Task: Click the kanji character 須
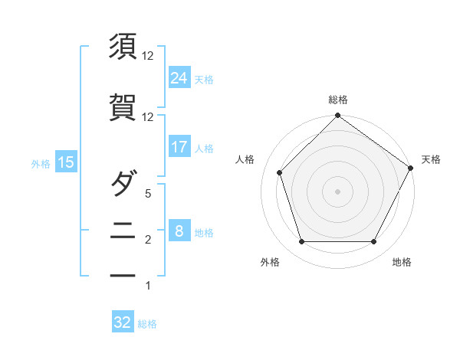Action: click(123, 47)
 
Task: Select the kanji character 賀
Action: click(123, 108)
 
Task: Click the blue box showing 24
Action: click(179, 77)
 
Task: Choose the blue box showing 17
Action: click(179, 147)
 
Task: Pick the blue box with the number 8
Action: click(179, 231)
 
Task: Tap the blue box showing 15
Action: click(65, 162)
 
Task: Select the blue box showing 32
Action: click(123, 322)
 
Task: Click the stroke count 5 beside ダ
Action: click(149, 195)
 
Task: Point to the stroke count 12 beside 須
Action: click(149, 56)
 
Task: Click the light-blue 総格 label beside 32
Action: click(147, 324)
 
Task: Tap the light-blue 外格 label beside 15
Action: click(41, 162)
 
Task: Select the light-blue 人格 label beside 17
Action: click(204, 148)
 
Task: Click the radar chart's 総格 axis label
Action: click(337, 100)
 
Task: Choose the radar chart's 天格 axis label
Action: click(431, 159)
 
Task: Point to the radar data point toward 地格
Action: click(374, 242)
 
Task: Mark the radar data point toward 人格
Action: click(280, 172)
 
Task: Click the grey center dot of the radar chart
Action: click(337, 191)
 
